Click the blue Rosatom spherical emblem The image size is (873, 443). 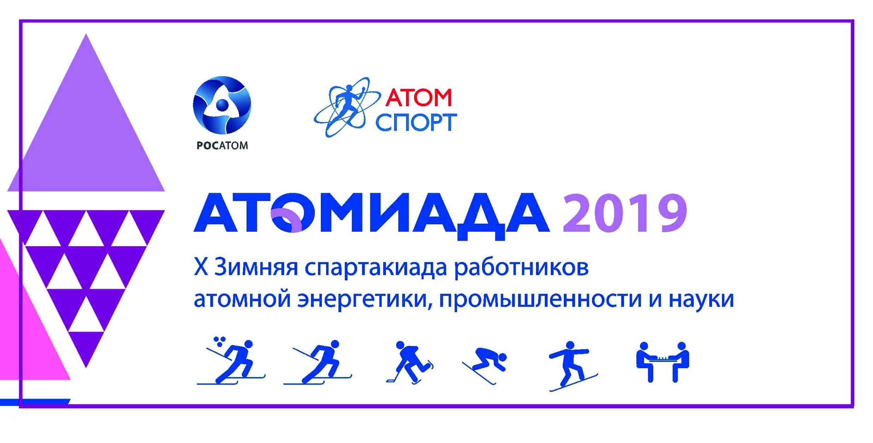(x=222, y=105)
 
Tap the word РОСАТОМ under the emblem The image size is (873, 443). (x=222, y=145)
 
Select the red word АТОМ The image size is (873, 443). (x=418, y=97)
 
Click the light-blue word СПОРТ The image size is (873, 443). (x=416, y=122)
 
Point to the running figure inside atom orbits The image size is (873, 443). (x=347, y=107)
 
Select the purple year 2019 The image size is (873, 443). (x=625, y=213)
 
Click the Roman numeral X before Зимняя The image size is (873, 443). (x=201, y=266)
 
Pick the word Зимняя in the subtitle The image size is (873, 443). (x=256, y=267)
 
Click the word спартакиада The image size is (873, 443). (x=376, y=268)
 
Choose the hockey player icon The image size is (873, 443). (x=410, y=362)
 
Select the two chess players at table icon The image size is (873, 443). (x=662, y=362)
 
